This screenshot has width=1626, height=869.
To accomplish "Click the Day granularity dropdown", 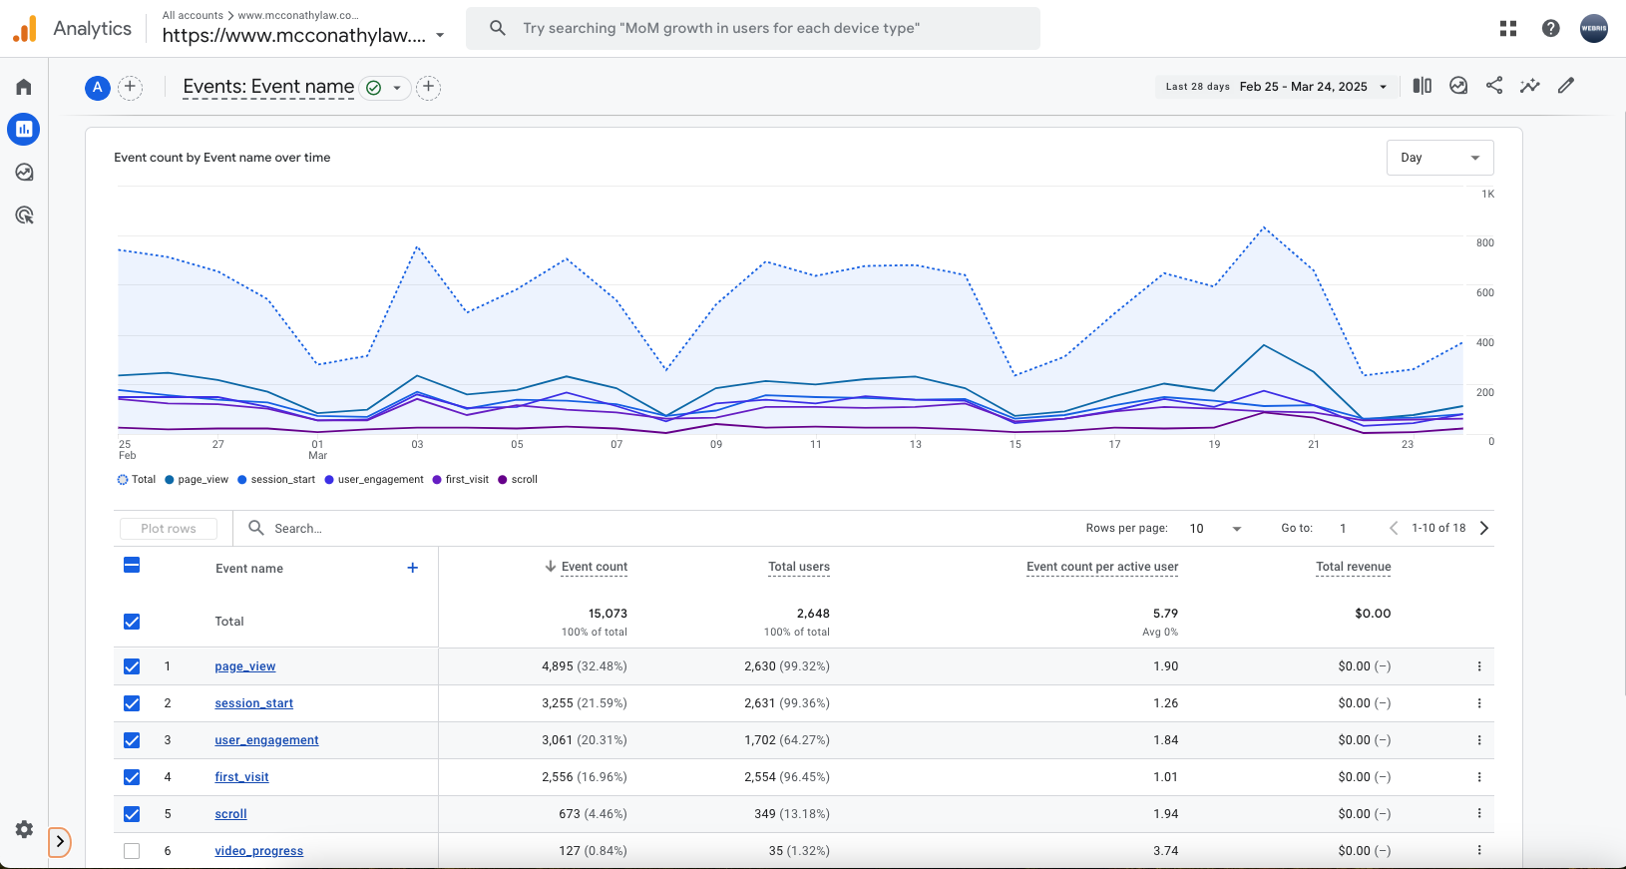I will [x=1439, y=158].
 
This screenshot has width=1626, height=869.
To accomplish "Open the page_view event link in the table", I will [x=244, y=666].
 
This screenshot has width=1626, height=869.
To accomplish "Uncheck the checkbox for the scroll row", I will [x=132, y=814].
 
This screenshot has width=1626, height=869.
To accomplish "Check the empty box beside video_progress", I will [x=132, y=851].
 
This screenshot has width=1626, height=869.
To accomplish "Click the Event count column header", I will [x=594, y=567].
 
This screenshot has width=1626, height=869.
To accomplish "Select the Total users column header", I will [x=798, y=567].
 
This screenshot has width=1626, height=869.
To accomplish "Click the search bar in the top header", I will [x=753, y=28].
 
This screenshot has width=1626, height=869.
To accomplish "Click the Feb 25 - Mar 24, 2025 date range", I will [x=1303, y=87].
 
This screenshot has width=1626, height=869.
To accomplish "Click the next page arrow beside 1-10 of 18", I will [x=1484, y=528].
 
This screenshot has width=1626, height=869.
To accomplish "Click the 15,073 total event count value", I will [x=608, y=614].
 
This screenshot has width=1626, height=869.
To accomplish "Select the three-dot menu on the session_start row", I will [x=1479, y=703].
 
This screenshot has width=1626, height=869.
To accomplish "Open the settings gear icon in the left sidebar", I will [x=25, y=829].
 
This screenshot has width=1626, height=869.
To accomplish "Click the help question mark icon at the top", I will [x=1550, y=28].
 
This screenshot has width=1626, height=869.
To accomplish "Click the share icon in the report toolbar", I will [x=1494, y=86].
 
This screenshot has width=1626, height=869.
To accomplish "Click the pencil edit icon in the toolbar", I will [x=1566, y=86].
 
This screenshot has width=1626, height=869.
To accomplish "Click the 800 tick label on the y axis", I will [x=1484, y=243].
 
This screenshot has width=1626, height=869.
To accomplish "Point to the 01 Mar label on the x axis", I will [x=317, y=450].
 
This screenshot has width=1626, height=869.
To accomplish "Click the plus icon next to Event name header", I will [x=413, y=568].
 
